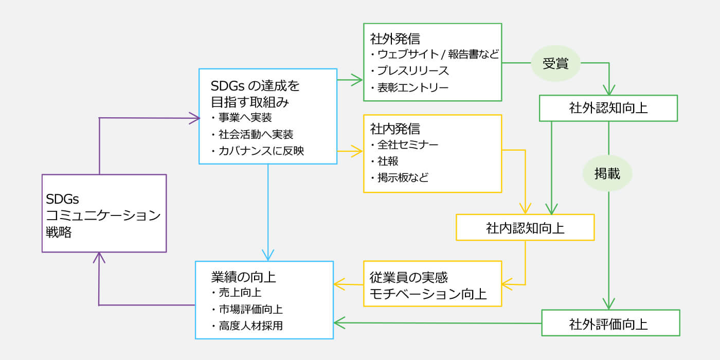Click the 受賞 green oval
click(555, 63)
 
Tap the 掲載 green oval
click(607, 174)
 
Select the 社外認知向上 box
click(608, 108)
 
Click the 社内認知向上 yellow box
click(525, 227)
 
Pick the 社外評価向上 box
click(611, 323)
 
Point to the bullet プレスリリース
click(412, 71)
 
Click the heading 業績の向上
click(243, 277)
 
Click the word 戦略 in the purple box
click(59, 232)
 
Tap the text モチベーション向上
click(428, 294)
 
